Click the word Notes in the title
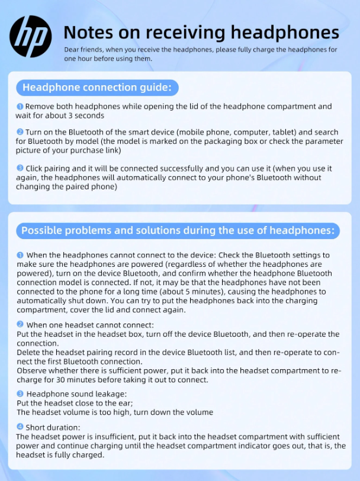pos(88,32)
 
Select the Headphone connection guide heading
pos(97,88)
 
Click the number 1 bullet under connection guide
pos(20,106)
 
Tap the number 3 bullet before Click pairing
pos(20,169)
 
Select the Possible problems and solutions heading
pos(178,231)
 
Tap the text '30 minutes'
pos(78,380)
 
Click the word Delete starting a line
pos(30,353)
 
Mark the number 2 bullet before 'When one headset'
pos(20,325)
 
